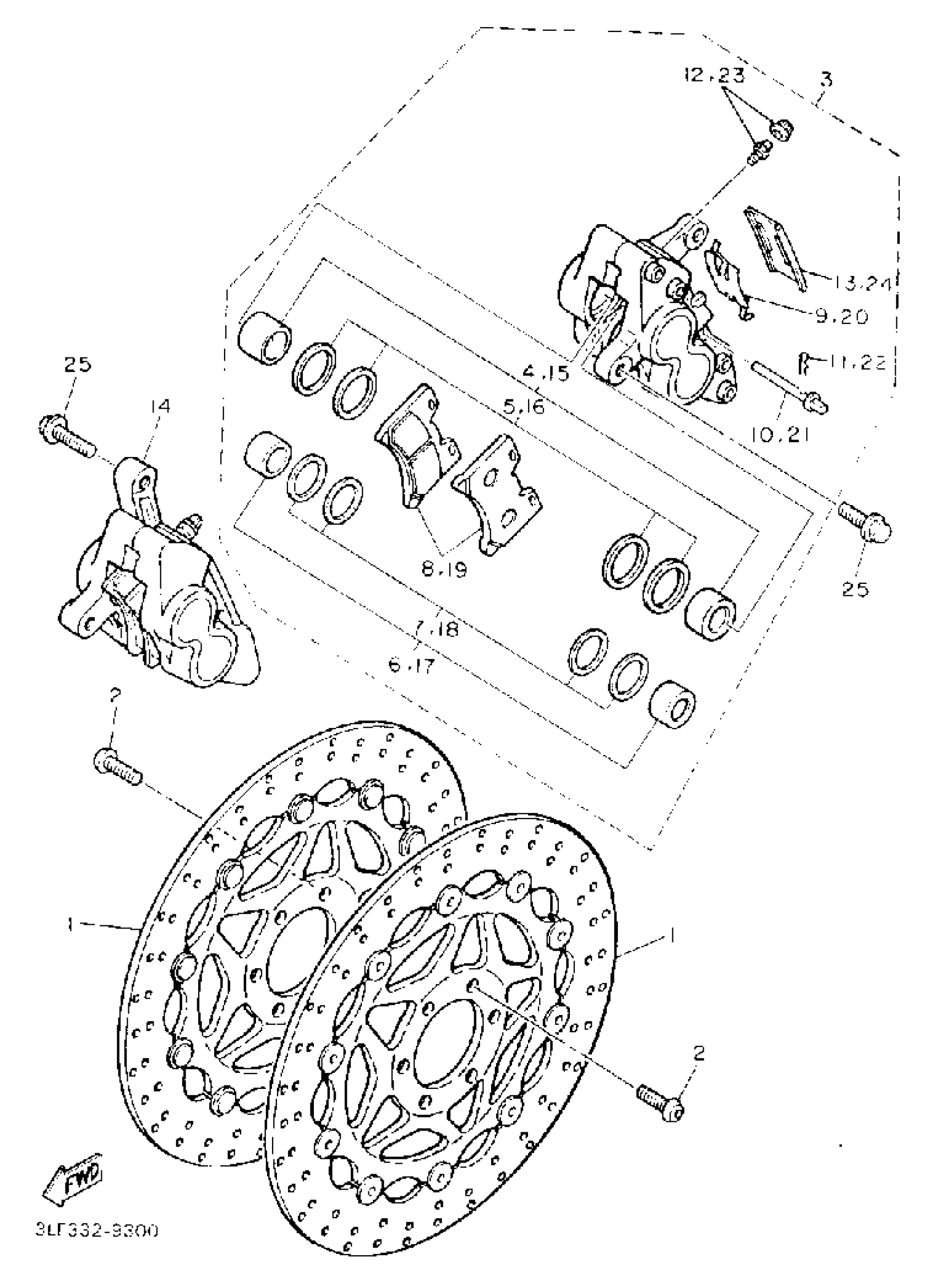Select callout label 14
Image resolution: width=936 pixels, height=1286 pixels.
tap(160, 406)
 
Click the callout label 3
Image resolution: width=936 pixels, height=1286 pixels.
tap(826, 79)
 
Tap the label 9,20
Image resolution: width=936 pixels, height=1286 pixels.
tap(842, 316)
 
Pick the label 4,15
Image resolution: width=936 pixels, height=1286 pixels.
tap(546, 373)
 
